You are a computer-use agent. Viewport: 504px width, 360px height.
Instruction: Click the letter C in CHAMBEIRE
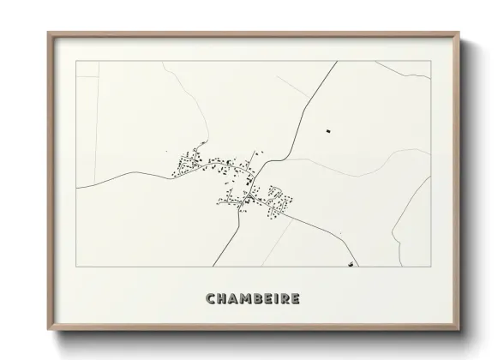coord(211,299)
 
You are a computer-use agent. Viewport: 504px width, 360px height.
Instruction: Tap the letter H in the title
coord(223,299)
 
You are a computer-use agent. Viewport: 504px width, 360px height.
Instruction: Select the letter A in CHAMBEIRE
coord(235,299)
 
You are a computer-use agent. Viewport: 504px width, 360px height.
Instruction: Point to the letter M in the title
coord(248,299)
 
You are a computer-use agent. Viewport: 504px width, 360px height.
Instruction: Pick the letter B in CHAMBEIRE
coord(261,299)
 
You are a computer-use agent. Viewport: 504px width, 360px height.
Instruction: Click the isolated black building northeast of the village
coord(327,130)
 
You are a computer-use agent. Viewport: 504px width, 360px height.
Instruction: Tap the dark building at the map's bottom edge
coord(350,265)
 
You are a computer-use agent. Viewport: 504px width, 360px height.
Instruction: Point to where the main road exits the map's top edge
coord(335,62)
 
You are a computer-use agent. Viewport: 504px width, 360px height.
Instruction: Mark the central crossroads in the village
coord(247,196)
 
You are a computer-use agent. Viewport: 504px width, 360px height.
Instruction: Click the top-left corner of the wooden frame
coord(48,33)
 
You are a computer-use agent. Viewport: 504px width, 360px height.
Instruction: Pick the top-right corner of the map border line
coord(431,62)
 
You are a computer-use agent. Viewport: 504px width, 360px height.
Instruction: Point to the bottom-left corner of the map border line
coord(77,267)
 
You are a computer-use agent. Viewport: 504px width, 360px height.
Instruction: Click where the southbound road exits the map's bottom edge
coord(213,267)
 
